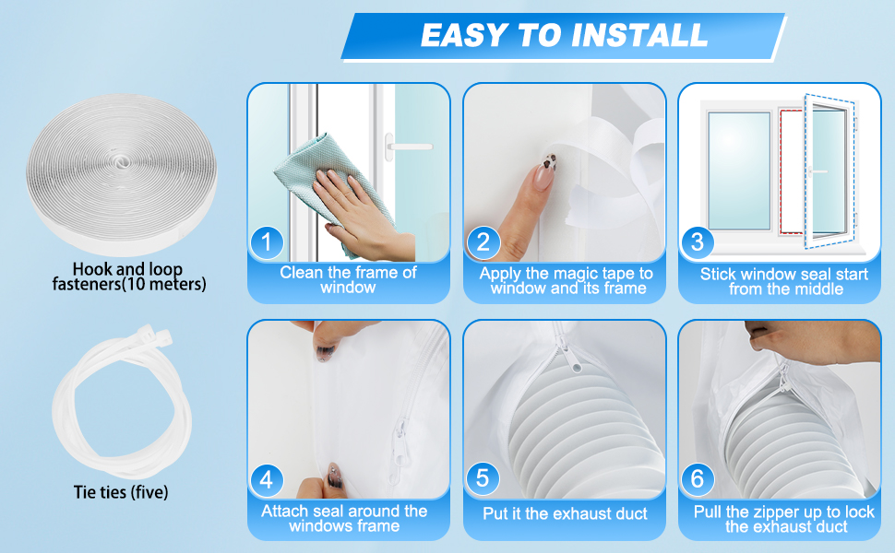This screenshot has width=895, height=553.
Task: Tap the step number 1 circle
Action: pyautogui.click(x=267, y=242)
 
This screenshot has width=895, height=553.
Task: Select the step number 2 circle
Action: pyautogui.click(x=483, y=242)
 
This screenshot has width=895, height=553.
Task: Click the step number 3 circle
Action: pyautogui.click(x=697, y=241)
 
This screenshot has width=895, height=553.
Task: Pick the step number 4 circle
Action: pyautogui.click(x=267, y=480)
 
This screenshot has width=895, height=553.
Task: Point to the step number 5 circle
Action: pyautogui.click(x=483, y=478)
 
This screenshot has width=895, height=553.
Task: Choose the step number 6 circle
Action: pyautogui.click(x=697, y=479)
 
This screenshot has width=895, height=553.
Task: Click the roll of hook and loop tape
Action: pyautogui.click(x=121, y=174)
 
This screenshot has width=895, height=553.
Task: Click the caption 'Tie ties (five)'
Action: pyautogui.click(x=121, y=492)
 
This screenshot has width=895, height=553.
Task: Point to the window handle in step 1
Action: pyautogui.click(x=406, y=147)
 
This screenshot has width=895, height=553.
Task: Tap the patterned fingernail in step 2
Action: pyautogui.click(x=544, y=170)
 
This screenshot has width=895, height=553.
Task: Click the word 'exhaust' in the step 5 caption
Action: pyautogui.click(x=581, y=513)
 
